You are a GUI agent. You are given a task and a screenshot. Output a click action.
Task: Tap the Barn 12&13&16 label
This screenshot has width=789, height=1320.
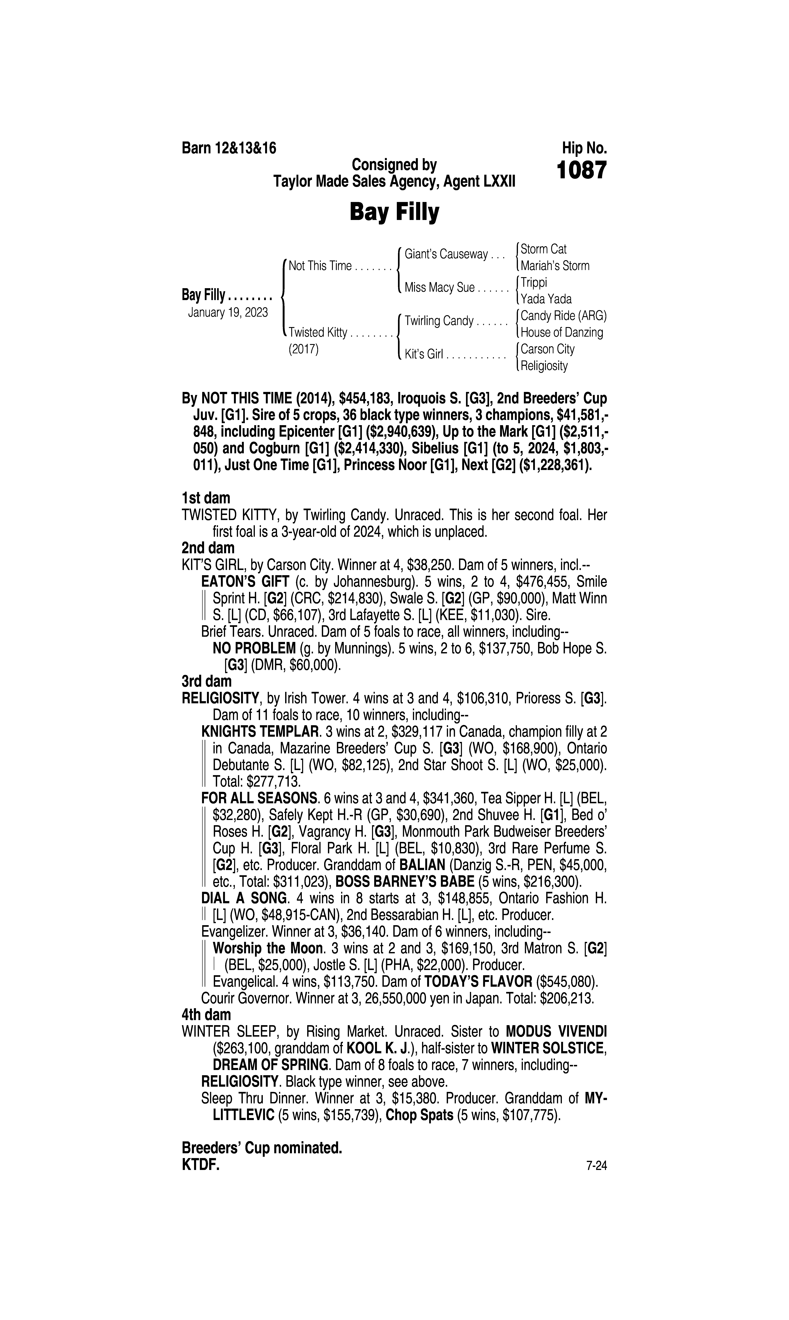click(x=229, y=148)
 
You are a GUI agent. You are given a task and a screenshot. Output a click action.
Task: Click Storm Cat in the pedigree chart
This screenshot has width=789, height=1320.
click(x=543, y=249)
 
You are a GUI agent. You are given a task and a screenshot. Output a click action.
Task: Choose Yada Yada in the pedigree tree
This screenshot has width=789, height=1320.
click(x=546, y=299)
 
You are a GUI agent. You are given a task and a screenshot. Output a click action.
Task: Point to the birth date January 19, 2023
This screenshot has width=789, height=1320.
click(x=228, y=312)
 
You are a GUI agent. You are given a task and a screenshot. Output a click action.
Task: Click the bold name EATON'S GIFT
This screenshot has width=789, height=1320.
click(x=245, y=582)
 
